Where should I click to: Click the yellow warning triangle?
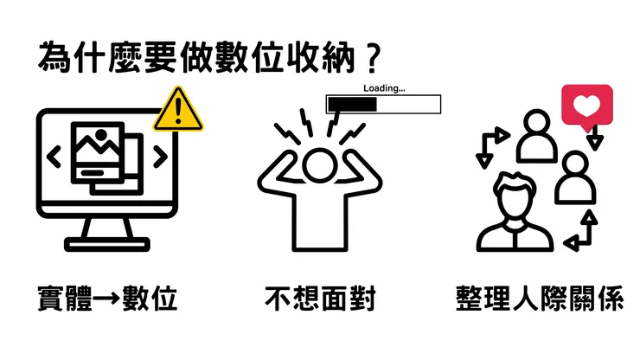coord(178,110)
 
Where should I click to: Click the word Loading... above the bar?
coord(384,88)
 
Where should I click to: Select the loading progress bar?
coord(383,105)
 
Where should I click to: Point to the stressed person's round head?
coord(320,164)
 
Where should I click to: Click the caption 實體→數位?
coord(108,299)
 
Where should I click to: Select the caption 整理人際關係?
coord(539,299)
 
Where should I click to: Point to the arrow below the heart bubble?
coord(594,137)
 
